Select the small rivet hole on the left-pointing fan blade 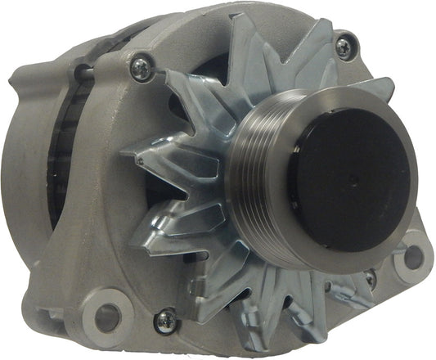point(140,161)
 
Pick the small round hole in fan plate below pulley point(327,287)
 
